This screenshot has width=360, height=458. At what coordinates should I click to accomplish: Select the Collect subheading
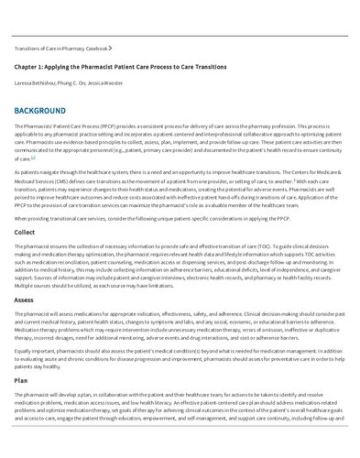click(25, 232)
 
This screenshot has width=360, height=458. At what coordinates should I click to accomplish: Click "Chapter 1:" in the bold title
click(30, 67)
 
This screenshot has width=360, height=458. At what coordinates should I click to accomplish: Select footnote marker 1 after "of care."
click(34, 157)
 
